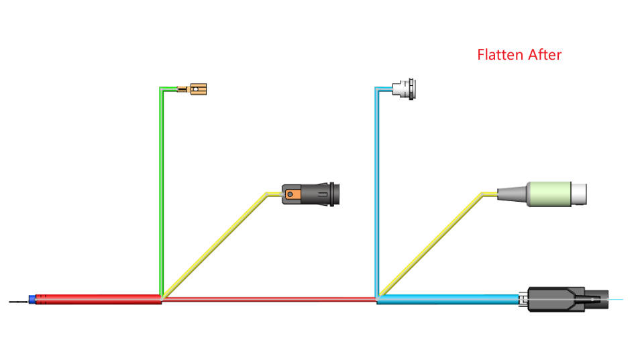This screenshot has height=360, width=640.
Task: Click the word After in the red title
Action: pyautogui.click(x=543, y=55)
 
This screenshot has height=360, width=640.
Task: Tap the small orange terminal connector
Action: pyautogui.click(x=199, y=88)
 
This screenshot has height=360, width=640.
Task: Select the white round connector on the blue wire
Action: pyautogui.click(x=405, y=88)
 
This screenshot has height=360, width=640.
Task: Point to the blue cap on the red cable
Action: pyautogui.click(x=32, y=300)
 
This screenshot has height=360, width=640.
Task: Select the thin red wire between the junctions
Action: pyautogui.click(x=268, y=299)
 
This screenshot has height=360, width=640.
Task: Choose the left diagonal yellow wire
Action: pyautogui.click(x=215, y=245)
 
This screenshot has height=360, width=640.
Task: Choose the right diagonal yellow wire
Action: pyautogui.click(x=429, y=245)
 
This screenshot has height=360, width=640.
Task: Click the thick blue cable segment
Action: pyautogui.click(x=449, y=299)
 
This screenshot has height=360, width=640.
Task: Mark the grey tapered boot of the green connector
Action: pyautogui.click(x=514, y=194)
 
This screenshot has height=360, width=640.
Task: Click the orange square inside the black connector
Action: pyautogui.click(x=291, y=195)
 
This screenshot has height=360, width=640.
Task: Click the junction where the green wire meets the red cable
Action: pyautogui.click(x=161, y=298)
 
